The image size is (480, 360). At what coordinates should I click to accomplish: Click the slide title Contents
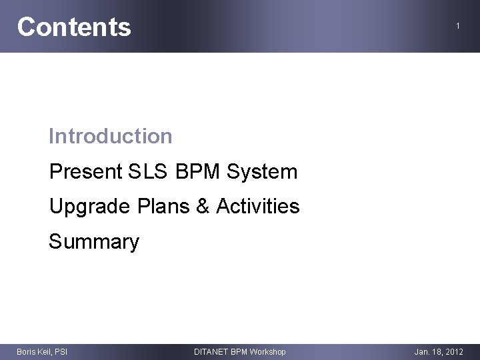74,27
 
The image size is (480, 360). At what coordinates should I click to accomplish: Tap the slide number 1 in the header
458,26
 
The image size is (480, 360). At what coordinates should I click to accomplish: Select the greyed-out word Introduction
111,137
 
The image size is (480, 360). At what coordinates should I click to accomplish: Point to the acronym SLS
147,172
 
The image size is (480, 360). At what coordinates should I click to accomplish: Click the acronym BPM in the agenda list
199,172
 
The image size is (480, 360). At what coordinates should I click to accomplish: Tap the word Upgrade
90,207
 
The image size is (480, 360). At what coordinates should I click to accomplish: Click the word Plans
163,207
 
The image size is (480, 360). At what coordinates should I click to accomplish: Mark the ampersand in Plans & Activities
203,207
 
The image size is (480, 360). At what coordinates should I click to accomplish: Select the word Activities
258,207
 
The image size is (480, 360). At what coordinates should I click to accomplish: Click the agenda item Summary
94,241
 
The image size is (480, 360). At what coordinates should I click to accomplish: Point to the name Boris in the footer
25,351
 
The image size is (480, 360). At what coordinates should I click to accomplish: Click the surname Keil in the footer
45,351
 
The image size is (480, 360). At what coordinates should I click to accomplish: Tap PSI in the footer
61,351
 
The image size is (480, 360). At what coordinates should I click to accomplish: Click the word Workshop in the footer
268,351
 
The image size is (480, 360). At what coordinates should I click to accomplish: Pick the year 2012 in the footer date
454,351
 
